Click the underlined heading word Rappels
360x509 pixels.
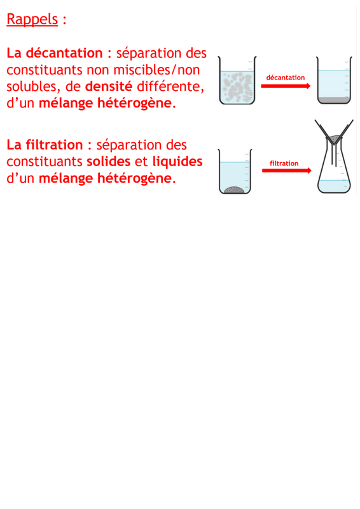tap(32, 19)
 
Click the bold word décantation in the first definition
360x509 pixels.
tap(64, 53)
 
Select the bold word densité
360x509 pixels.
tap(109, 87)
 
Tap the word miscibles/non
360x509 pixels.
tap(156, 70)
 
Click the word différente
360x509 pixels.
tap(170, 87)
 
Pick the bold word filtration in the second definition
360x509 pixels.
tap(54, 145)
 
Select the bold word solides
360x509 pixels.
tap(108, 162)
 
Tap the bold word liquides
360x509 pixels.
tap(177, 162)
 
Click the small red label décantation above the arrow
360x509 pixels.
tap(286, 78)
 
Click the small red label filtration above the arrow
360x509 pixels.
tap(284, 164)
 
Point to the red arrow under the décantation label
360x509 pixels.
tap(286, 86)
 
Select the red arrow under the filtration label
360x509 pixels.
tap(287, 171)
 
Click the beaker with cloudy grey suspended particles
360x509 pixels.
tap(237, 81)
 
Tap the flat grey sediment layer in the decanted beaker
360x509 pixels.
tap(334, 100)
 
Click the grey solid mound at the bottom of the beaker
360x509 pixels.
tap(234, 190)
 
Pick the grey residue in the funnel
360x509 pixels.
tap(334, 139)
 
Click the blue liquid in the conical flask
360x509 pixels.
tap(334, 186)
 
